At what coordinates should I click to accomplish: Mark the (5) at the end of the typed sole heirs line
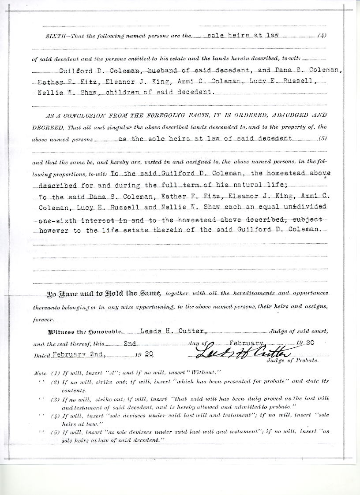click(x=322, y=138)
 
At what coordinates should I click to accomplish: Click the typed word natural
click(x=259, y=185)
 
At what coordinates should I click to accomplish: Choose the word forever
click(x=43, y=320)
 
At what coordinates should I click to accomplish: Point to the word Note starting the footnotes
click(x=41, y=372)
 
